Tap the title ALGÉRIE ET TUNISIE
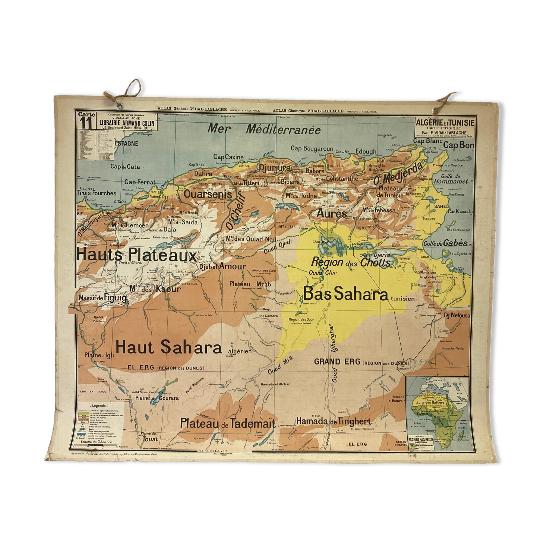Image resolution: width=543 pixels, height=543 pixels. (x=445, y=123)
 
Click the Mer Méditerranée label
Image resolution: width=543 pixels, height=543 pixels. (x=264, y=129)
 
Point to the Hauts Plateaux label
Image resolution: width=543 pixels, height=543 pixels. (x=136, y=255)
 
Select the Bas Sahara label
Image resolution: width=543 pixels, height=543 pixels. (x=345, y=294)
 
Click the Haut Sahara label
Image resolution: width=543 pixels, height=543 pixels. (x=168, y=347)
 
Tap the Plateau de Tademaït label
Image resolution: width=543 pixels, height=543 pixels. (x=227, y=423)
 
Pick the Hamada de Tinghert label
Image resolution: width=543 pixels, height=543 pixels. (x=334, y=421)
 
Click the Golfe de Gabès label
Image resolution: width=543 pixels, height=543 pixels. (x=445, y=243)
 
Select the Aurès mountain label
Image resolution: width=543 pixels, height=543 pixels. (x=331, y=214)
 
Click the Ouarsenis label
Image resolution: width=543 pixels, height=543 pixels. (x=208, y=194)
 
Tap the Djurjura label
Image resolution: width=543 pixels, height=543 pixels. (x=275, y=168)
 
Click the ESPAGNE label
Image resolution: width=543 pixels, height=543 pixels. (x=126, y=143)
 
